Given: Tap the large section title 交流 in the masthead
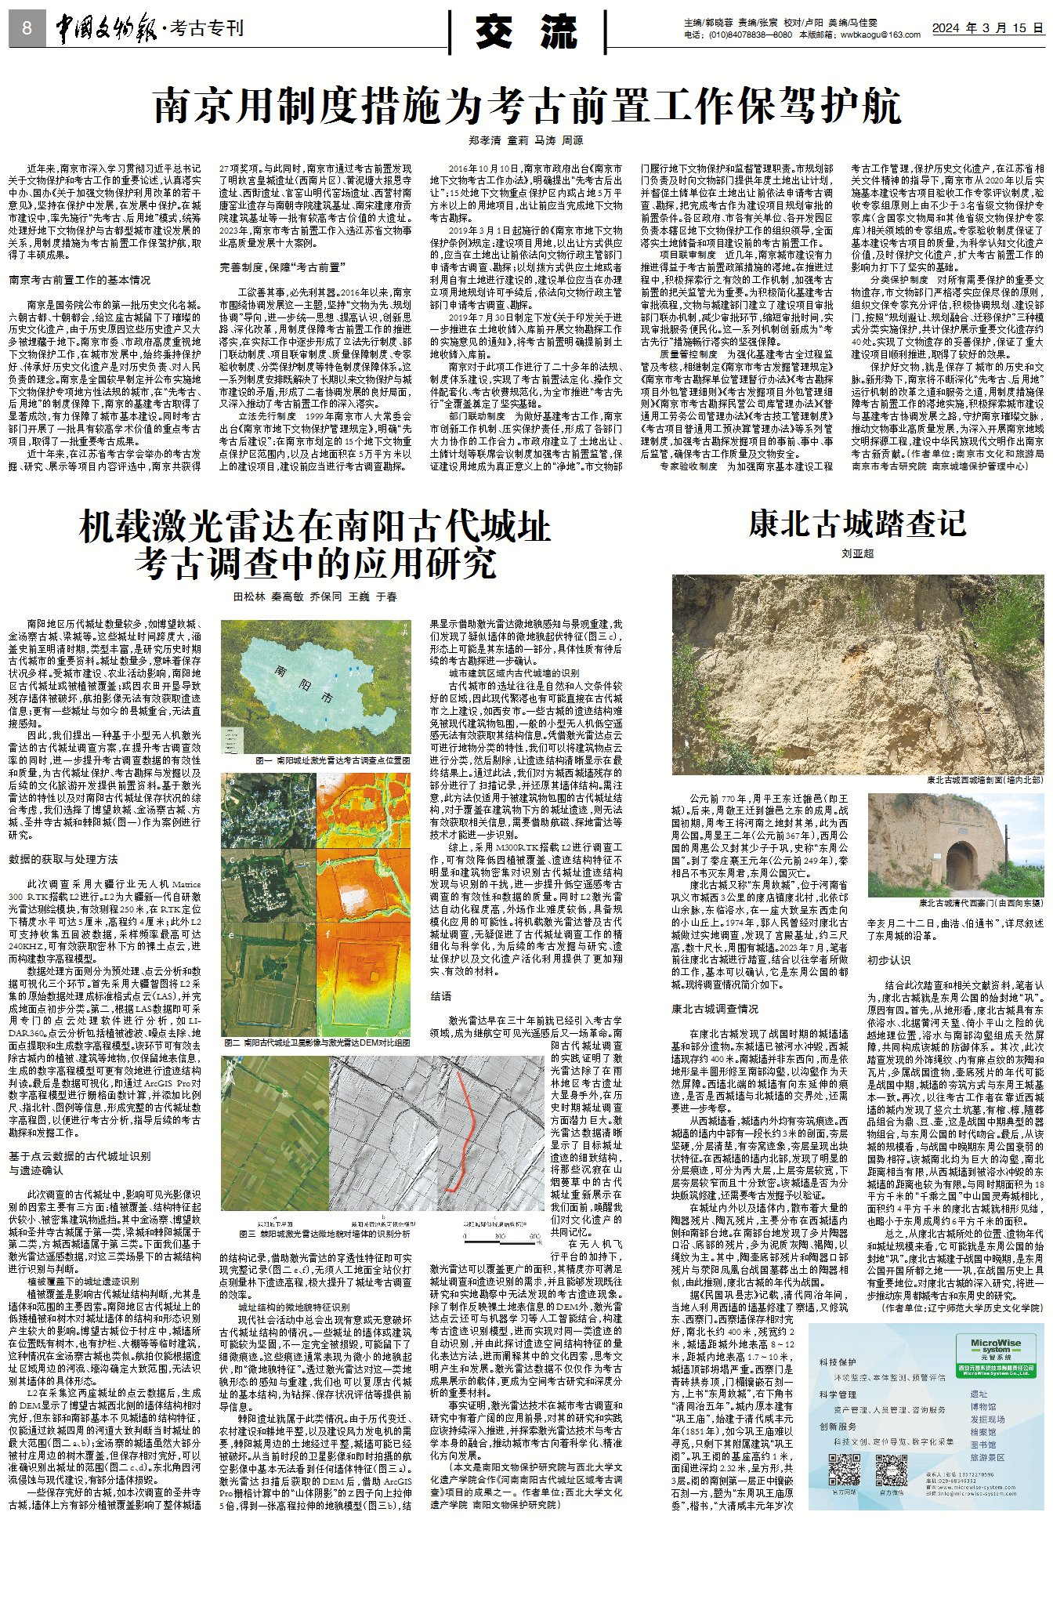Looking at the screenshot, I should [x=526, y=31].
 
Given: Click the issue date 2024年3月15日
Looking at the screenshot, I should [x=987, y=28].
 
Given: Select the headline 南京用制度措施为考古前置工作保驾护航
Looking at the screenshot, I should [x=526, y=105].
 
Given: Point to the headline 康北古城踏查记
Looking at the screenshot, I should [x=857, y=524].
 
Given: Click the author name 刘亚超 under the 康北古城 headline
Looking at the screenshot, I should [x=857, y=553].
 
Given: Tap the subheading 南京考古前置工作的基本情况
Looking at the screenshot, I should [x=80, y=280].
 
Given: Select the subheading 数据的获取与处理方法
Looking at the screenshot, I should [x=63, y=859].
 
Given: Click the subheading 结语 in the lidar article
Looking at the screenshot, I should [x=441, y=996].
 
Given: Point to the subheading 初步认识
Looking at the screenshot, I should [x=888, y=960].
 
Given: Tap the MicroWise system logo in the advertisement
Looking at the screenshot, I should [x=996, y=1347].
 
